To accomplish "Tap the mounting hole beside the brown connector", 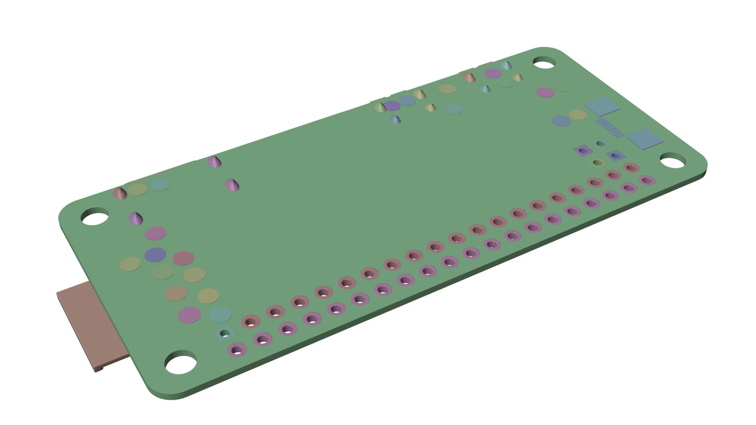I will (180, 364).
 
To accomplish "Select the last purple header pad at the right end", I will (647, 181).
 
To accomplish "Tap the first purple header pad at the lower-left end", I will (237, 349).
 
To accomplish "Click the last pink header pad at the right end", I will (632, 168).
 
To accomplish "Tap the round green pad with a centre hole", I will (598, 162).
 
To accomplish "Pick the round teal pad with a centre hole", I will (600, 144).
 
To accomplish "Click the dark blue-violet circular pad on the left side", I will (155, 255).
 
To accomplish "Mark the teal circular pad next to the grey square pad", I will (220, 314).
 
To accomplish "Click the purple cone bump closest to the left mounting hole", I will (135, 218).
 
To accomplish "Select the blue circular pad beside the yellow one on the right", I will (561, 121).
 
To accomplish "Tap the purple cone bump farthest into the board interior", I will (232, 185).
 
